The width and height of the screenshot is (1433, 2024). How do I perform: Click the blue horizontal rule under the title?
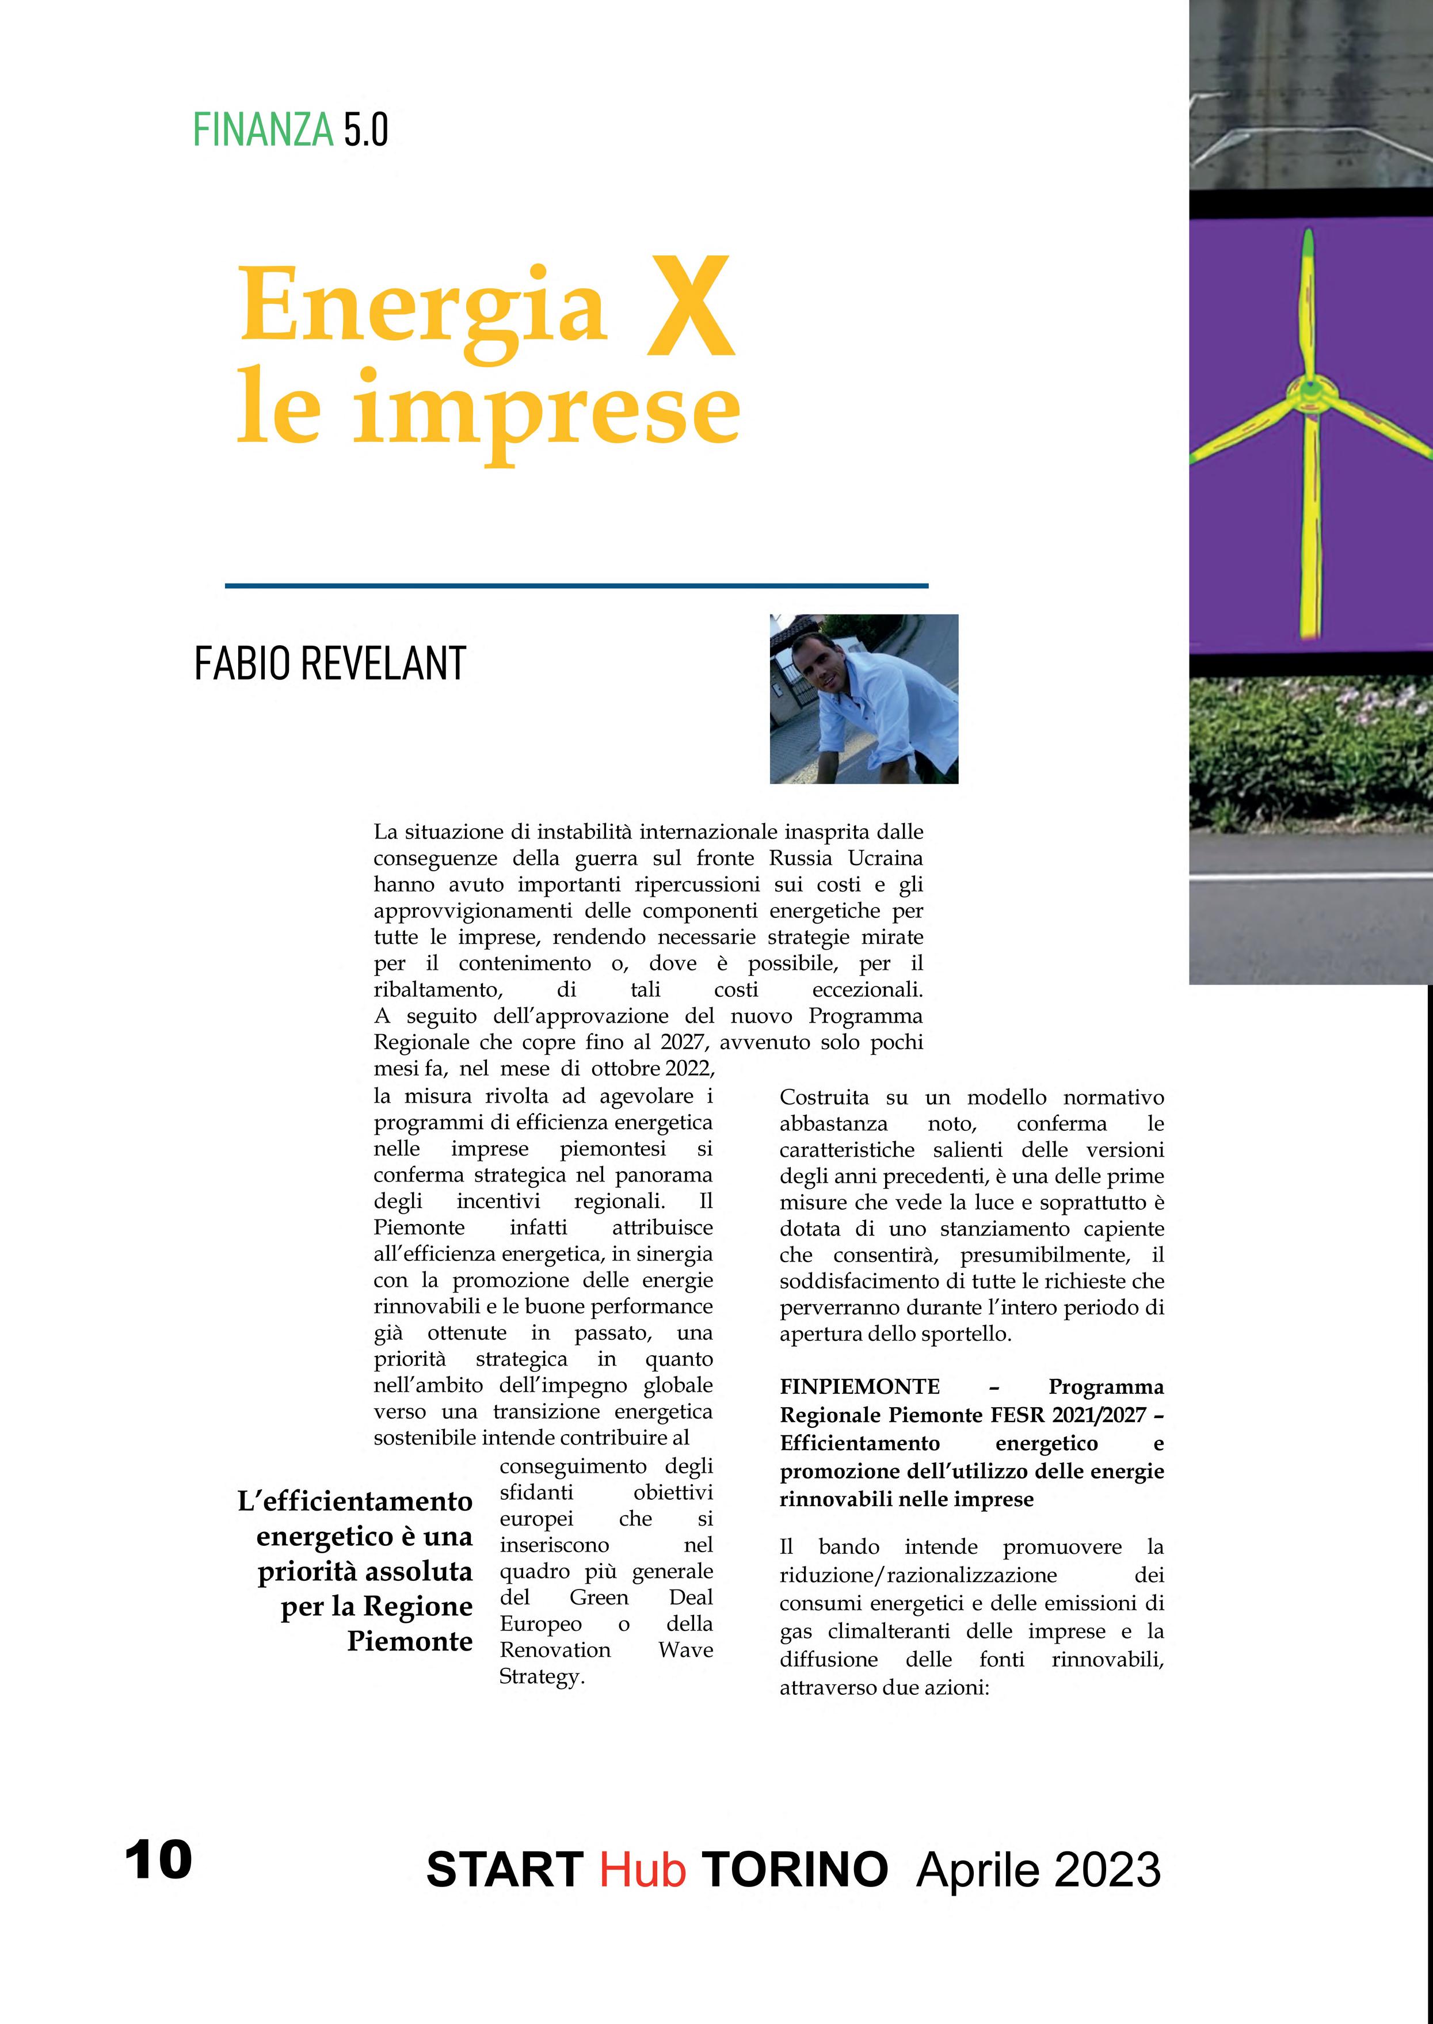pos(576,585)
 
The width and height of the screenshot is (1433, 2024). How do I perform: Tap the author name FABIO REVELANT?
pos(329,664)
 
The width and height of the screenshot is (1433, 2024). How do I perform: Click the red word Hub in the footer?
pos(642,1870)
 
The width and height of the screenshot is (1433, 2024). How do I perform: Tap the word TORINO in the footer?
pos(795,1870)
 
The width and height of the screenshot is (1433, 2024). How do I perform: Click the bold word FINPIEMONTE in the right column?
pos(859,1387)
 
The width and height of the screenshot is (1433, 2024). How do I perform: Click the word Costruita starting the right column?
pos(824,1097)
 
